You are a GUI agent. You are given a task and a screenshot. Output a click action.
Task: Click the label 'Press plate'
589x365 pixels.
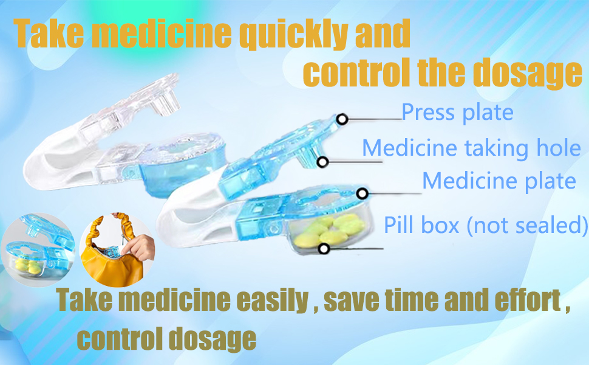(x=457, y=113)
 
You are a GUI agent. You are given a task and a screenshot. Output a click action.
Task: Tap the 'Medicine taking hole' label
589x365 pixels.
(x=471, y=148)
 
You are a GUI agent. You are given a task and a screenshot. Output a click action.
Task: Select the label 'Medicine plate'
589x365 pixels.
(x=499, y=181)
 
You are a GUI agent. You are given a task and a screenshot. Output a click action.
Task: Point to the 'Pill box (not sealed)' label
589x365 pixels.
(x=486, y=225)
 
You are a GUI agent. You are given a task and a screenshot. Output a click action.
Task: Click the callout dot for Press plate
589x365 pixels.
(x=342, y=119)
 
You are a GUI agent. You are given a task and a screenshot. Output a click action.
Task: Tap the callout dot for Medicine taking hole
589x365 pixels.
(x=323, y=162)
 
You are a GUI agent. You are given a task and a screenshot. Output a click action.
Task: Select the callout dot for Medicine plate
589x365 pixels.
(x=363, y=193)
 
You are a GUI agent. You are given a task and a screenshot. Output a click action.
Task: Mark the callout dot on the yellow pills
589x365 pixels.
(x=324, y=248)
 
